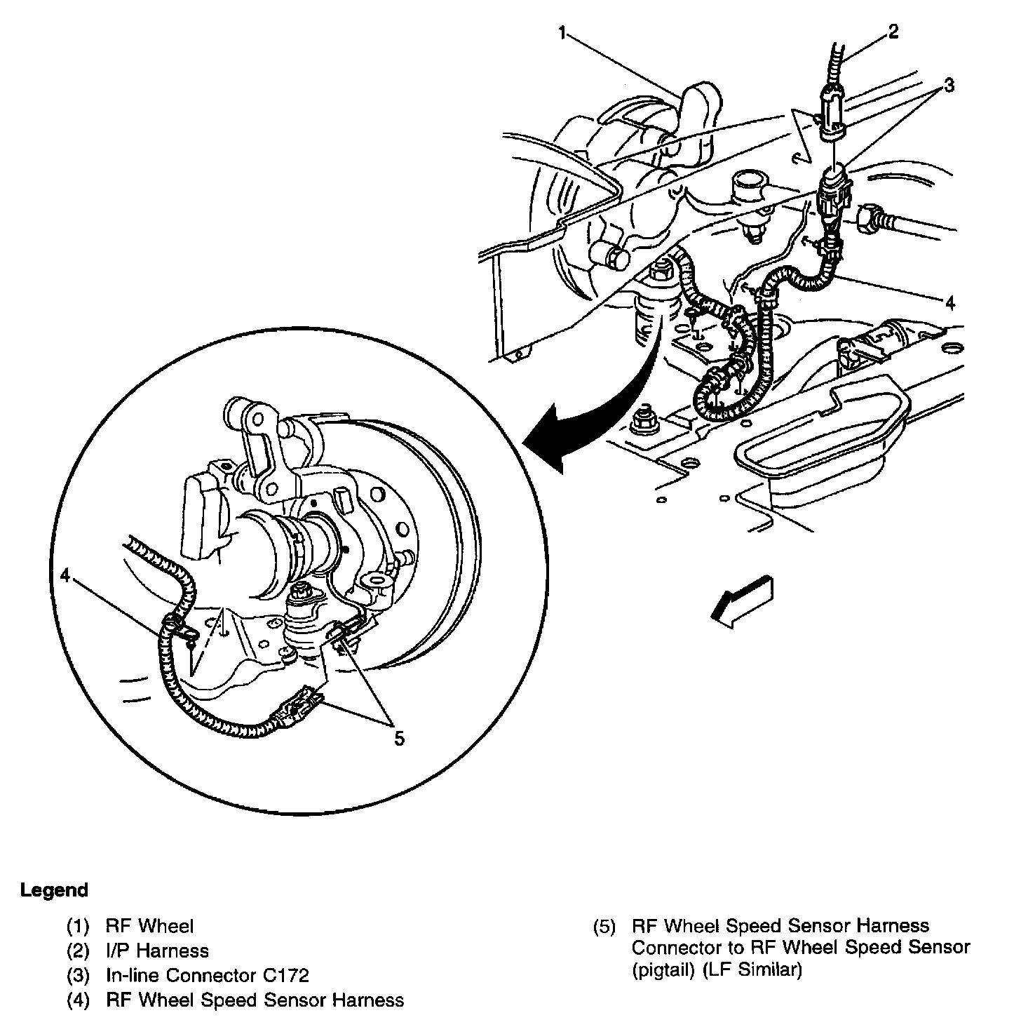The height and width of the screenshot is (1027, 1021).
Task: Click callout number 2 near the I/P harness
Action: pos(893,32)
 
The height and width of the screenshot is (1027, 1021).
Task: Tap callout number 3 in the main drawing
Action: pos(948,86)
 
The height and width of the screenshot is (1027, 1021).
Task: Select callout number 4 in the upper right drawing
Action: pos(949,303)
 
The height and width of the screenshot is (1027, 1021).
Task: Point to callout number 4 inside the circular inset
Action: pos(65,575)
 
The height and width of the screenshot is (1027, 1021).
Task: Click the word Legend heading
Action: pos(55,891)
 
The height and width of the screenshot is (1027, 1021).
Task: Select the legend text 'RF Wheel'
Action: pos(149,927)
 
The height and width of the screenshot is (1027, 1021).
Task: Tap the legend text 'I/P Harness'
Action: pos(157,951)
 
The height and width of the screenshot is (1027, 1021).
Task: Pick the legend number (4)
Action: pos(78,1000)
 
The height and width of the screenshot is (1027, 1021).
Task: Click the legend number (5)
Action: pos(604,927)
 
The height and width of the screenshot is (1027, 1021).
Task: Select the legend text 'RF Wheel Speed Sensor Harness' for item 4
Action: pos(255,1000)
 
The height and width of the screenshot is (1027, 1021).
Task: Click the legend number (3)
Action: pos(78,975)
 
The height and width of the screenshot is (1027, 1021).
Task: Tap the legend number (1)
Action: pos(78,927)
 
